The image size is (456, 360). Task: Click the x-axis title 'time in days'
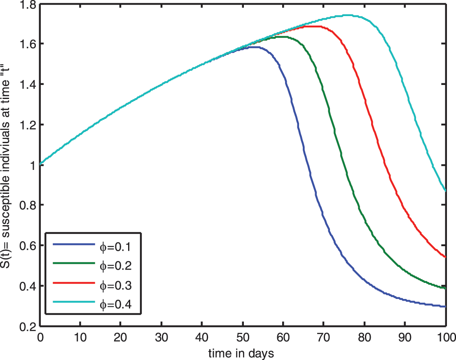click(x=241, y=353)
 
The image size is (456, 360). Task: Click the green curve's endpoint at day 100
click(x=445, y=288)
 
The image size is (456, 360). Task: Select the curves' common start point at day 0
click(x=40, y=164)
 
